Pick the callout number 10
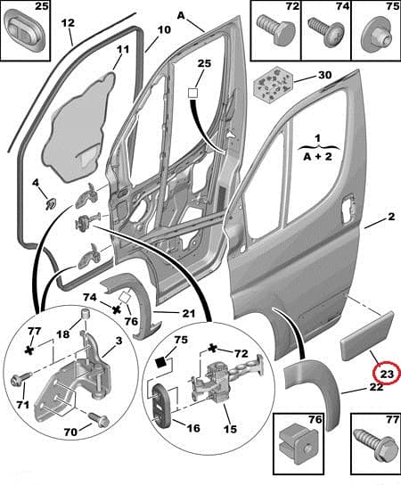(163, 29)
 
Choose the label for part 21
(188, 313)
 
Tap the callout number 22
(377, 387)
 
